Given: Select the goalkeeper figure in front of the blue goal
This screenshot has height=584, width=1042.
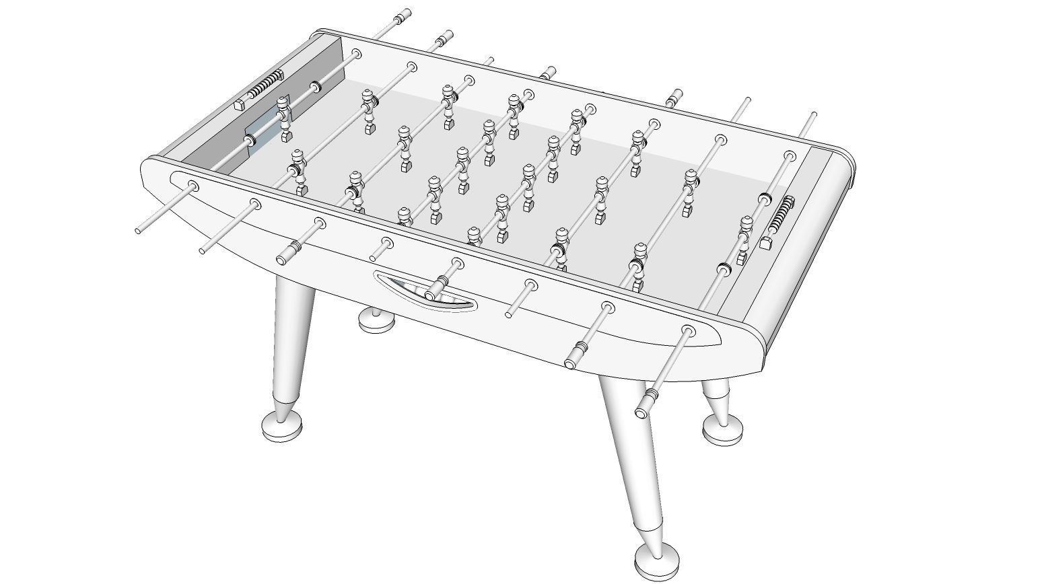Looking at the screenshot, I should coord(284,118).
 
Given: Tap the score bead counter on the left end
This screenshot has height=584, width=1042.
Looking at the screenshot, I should coord(267,86).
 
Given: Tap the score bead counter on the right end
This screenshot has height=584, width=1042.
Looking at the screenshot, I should coord(781,214).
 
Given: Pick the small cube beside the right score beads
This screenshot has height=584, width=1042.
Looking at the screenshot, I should coord(765,243).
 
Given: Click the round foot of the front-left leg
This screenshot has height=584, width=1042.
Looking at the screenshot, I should coord(281,426).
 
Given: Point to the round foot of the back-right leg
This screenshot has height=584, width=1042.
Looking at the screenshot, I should coord(723,429).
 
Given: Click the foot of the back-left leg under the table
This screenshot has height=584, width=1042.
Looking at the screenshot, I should coord(376,320).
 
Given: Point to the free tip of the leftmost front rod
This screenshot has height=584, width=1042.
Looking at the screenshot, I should coord(138,231).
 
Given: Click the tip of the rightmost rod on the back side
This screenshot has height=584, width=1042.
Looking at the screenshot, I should coord(813,115).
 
